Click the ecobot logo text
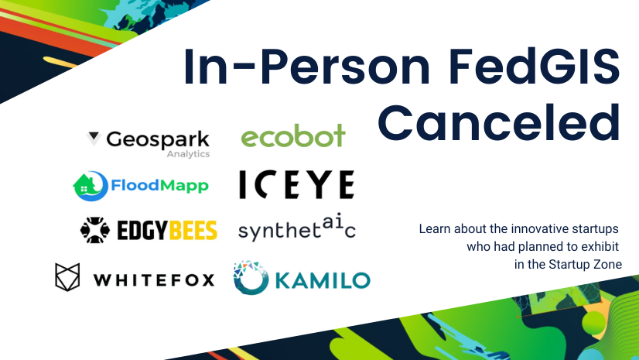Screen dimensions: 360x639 click(293, 137)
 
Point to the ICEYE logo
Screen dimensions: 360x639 click(296, 184)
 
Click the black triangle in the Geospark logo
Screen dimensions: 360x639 click(94, 139)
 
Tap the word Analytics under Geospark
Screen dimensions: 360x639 click(188, 154)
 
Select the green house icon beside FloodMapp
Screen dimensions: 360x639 click(86, 184)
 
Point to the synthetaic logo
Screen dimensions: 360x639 click(296, 229)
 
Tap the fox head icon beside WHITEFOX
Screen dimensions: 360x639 click(68, 277)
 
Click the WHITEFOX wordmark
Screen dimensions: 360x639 click(154, 279)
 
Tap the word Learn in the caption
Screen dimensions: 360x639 click(434, 229)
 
